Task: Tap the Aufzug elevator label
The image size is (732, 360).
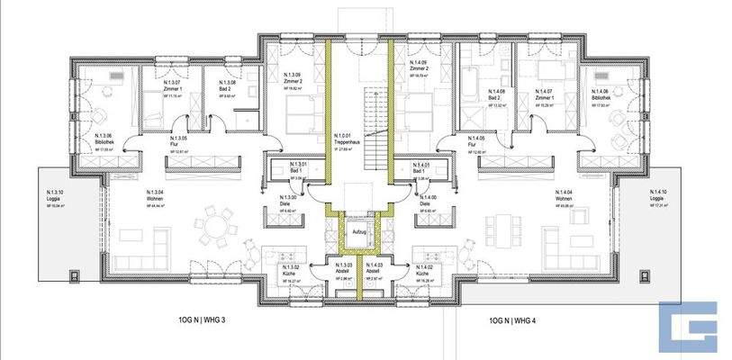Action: point(359,232)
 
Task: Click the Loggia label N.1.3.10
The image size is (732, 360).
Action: point(55,196)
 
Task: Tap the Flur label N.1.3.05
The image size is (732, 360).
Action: point(178,140)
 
